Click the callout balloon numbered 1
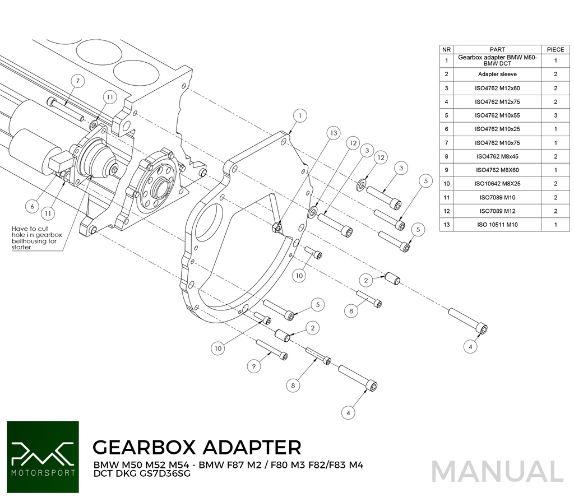[300, 116]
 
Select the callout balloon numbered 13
[333, 133]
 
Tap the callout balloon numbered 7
[77, 81]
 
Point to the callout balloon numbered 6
[32, 206]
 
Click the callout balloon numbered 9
[254, 366]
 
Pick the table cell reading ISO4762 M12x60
[497, 88]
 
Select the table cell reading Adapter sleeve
[497, 75]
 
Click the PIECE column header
[556, 49]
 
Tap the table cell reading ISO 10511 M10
[497, 225]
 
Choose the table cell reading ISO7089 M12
[497, 211]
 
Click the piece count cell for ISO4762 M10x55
[556, 115]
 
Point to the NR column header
[446, 49]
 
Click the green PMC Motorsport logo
[43, 457]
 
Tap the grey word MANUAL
[497, 472]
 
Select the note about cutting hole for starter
[36, 238]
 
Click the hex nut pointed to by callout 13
[277, 229]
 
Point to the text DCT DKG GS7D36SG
[142, 473]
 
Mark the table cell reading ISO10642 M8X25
[497, 184]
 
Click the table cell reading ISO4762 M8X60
[497, 170]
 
